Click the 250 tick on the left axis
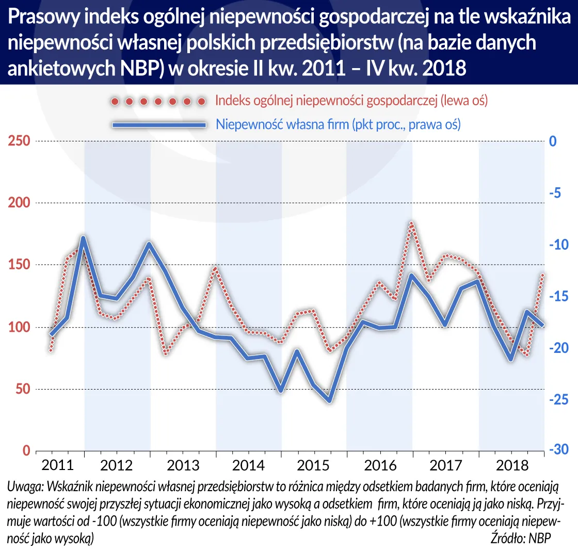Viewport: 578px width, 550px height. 18,141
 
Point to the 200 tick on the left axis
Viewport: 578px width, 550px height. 18,203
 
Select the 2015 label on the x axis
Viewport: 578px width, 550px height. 315,465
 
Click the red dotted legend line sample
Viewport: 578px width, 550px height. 158,101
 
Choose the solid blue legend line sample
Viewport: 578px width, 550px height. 158,125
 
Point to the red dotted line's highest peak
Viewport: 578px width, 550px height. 412,223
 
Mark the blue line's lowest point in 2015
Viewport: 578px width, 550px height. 329,401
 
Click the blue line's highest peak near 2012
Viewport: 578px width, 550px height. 84,237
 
